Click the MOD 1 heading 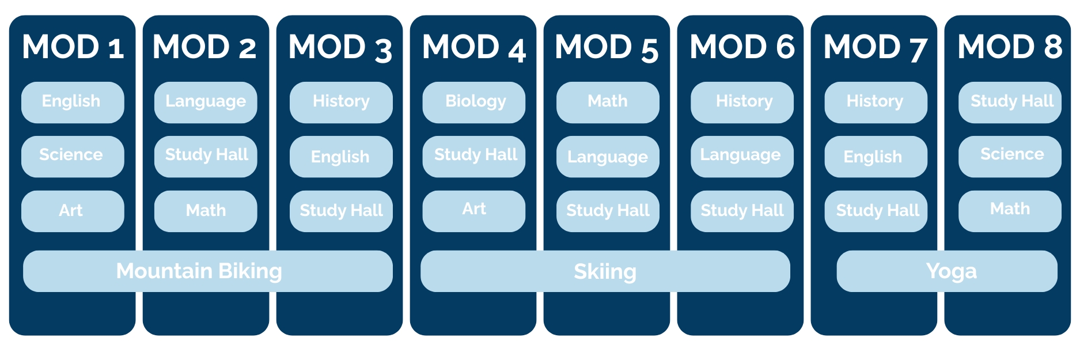(73, 47)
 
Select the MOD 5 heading (607, 47)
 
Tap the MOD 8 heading (1010, 47)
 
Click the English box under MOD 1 (73, 102)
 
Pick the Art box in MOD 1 (73, 211)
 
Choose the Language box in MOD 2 (206, 102)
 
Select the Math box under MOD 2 (206, 211)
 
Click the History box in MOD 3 (341, 102)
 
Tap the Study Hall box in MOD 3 (341, 211)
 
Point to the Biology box (474, 102)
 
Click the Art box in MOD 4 (474, 211)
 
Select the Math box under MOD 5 (608, 102)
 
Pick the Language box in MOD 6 (742, 156)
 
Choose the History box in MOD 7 (876, 102)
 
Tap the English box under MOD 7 (876, 156)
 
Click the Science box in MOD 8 (1010, 156)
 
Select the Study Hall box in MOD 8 (1010, 102)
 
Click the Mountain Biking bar (208, 271)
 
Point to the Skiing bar (605, 271)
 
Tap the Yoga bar (947, 271)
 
